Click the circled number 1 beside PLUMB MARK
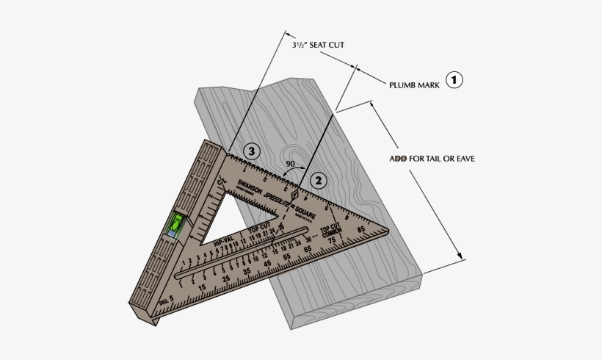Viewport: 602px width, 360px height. (455, 80)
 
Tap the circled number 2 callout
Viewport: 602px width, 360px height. (318, 178)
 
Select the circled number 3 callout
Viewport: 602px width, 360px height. (252, 151)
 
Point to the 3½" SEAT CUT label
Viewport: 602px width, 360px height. (317, 45)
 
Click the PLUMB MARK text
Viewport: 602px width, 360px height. (415, 85)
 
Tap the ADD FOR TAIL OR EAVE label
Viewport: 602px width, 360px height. (436, 158)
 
